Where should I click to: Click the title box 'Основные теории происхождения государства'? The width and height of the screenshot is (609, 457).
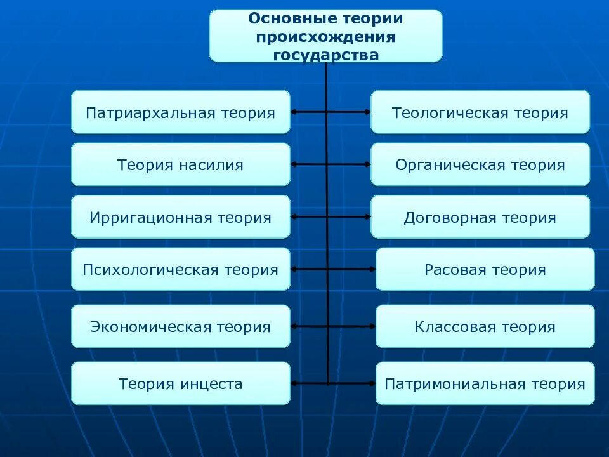click(x=325, y=36)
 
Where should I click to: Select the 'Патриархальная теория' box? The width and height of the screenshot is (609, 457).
click(x=181, y=112)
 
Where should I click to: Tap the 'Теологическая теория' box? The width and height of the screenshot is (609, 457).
click(x=480, y=112)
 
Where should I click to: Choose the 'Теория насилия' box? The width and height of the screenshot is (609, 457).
click(x=181, y=164)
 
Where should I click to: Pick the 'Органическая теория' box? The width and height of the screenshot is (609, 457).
click(x=480, y=164)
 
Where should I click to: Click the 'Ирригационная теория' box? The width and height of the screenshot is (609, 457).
click(x=181, y=217)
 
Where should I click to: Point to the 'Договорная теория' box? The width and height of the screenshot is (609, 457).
click(x=480, y=217)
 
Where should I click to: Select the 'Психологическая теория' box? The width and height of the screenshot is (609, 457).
click(x=181, y=269)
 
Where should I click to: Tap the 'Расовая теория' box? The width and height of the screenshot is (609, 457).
click(x=485, y=269)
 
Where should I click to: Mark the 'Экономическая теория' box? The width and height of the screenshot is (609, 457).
click(x=181, y=326)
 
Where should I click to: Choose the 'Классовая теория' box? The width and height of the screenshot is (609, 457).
click(x=485, y=326)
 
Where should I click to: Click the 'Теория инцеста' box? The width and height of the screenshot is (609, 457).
click(x=181, y=383)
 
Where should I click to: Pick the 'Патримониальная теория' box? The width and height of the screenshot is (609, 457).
click(x=485, y=383)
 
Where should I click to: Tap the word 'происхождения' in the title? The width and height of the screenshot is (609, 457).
click(x=325, y=37)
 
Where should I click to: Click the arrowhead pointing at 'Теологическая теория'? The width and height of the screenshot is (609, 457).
click(x=367, y=112)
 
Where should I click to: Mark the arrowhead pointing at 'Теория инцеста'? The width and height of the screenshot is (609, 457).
click(x=294, y=383)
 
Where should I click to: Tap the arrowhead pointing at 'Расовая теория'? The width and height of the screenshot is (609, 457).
click(x=372, y=269)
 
